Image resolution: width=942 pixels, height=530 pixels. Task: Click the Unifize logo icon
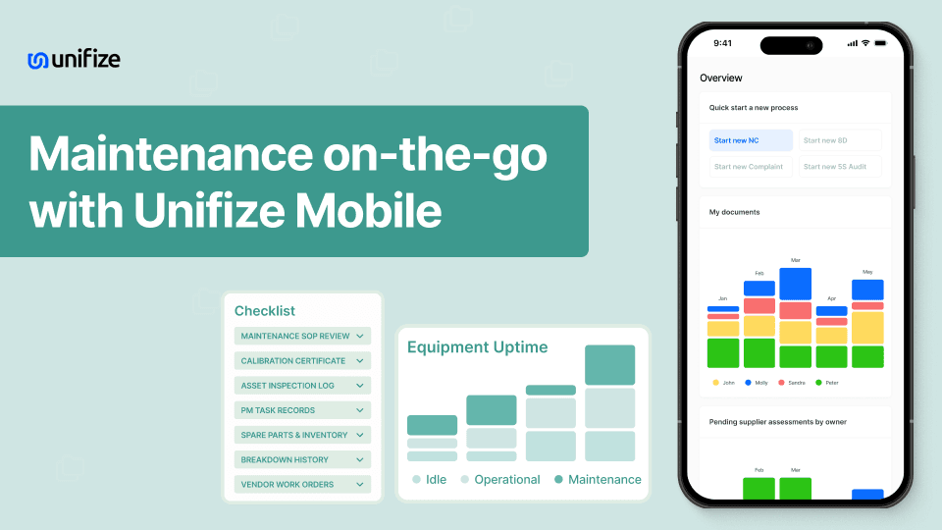click(x=38, y=60)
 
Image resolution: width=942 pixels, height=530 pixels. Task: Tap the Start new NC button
click(x=751, y=140)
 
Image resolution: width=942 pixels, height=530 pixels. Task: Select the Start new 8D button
click(x=840, y=140)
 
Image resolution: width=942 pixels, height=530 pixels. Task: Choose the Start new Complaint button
click(x=751, y=167)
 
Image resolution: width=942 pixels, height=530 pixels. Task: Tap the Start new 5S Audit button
click(x=840, y=167)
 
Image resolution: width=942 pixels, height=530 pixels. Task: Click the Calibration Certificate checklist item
click(x=302, y=361)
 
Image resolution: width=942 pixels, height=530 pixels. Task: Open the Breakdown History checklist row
click(x=302, y=459)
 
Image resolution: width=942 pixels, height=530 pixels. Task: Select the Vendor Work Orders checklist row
click(x=302, y=484)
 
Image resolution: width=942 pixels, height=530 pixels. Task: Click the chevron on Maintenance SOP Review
click(x=360, y=337)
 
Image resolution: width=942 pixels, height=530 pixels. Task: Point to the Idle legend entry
click(x=430, y=480)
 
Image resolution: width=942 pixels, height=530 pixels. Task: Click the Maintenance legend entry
click(x=598, y=480)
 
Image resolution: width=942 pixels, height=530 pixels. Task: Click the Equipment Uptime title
click(x=478, y=346)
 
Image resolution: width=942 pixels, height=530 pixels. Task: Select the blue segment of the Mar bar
click(x=796, y=284)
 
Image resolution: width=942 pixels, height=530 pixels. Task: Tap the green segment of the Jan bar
click(x=723, y=352)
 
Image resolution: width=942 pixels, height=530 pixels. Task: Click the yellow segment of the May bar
click(x=867, y=328)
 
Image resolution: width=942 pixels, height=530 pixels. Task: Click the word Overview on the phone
click(x=721, y=78)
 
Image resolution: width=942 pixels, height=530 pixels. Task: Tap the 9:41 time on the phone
click(x=723, y=43)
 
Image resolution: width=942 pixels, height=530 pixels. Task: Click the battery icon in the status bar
click(x=880, y=43)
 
